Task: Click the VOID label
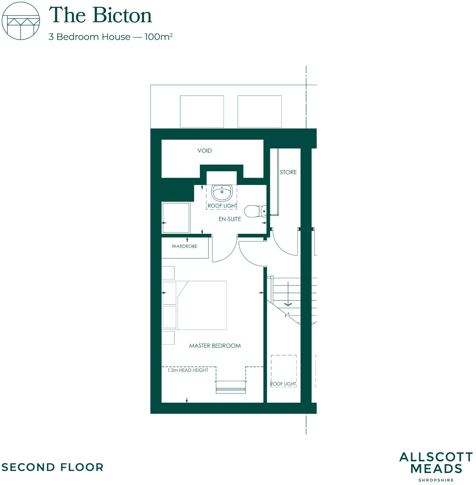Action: pyautogui.click(x=204, y=151)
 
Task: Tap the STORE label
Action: pyautogui.click(x=288, y=172)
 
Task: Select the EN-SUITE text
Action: pyautogui.click(x=230, y=219)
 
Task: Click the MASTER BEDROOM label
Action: pyautogui.click(x=215, y=346)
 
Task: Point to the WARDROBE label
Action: pyautogui.click(x=185, y=246)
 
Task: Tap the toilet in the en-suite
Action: pyautogui.click(x=255, y=211)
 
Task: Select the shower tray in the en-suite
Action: pyautogui.click(x=176, y=218)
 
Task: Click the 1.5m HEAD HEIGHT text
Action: pyautogui.click(x=188, y=370)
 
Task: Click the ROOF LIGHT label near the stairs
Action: pyautogui.click(x=283, y=384)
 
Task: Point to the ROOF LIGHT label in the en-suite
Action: pyautogui.click(x=222, y=206)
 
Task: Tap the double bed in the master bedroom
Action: pyautogui.click(x=202, y=305)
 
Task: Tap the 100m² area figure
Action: pyautogui.click(x=158, y=37)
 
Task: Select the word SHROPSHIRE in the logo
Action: pyautogui.click(x=436, y=480)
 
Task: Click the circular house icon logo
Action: pyautogui.click(x=21, y=21)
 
